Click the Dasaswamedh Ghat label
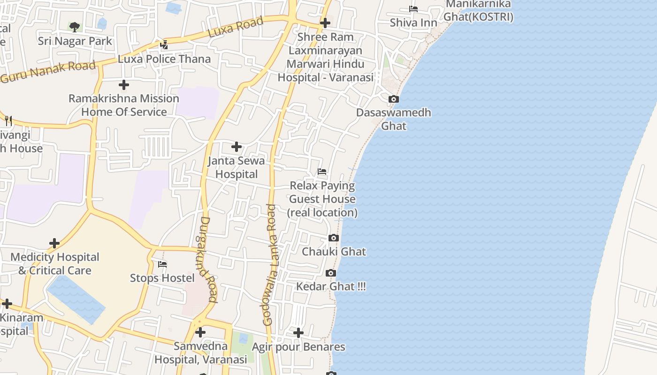tap(393, 119)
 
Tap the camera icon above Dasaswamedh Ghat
tap(393, 99)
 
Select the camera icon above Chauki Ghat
tap(334, 238)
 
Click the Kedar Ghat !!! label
tap(331, 286)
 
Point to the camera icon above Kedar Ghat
tap(331, 273)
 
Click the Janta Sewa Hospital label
tap(237, 167)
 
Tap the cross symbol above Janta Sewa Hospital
tap(237, 147)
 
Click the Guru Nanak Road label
tap(48, 72)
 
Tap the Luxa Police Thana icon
tap(164, 45)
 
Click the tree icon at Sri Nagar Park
tap(74, 27)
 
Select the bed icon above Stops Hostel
tap(162, 264)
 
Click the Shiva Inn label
tap(413, 22)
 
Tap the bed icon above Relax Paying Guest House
tap(322, 172)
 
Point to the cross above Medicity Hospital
tap(54, 243)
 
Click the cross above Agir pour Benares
tap(298, 333)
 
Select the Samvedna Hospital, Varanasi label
tap(200, 353)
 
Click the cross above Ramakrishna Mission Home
tap(124, 85)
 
